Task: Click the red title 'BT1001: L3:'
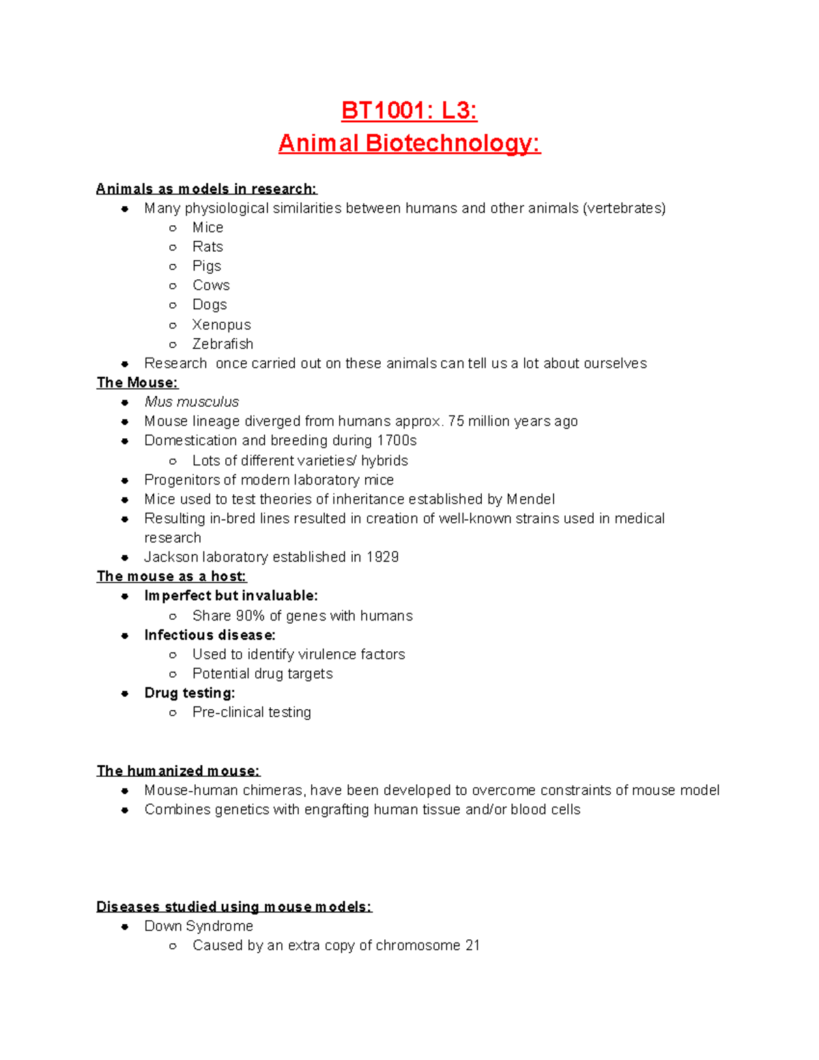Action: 409,110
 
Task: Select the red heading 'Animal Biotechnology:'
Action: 409,143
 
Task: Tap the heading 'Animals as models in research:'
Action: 206,189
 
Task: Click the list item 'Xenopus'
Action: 221,325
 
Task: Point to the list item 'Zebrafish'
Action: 222,344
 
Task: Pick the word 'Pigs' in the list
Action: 207,266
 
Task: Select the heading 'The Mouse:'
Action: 137,383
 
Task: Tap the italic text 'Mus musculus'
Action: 192,402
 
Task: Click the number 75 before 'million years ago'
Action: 456,421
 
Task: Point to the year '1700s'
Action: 397,441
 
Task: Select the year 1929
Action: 382,557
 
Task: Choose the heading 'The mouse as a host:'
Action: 171,577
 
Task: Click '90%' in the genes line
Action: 250,616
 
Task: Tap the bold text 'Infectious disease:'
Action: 210,635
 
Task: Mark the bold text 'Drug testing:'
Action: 190,693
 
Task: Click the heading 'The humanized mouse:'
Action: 178,771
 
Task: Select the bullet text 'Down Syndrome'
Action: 199,926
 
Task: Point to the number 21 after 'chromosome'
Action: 472,945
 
